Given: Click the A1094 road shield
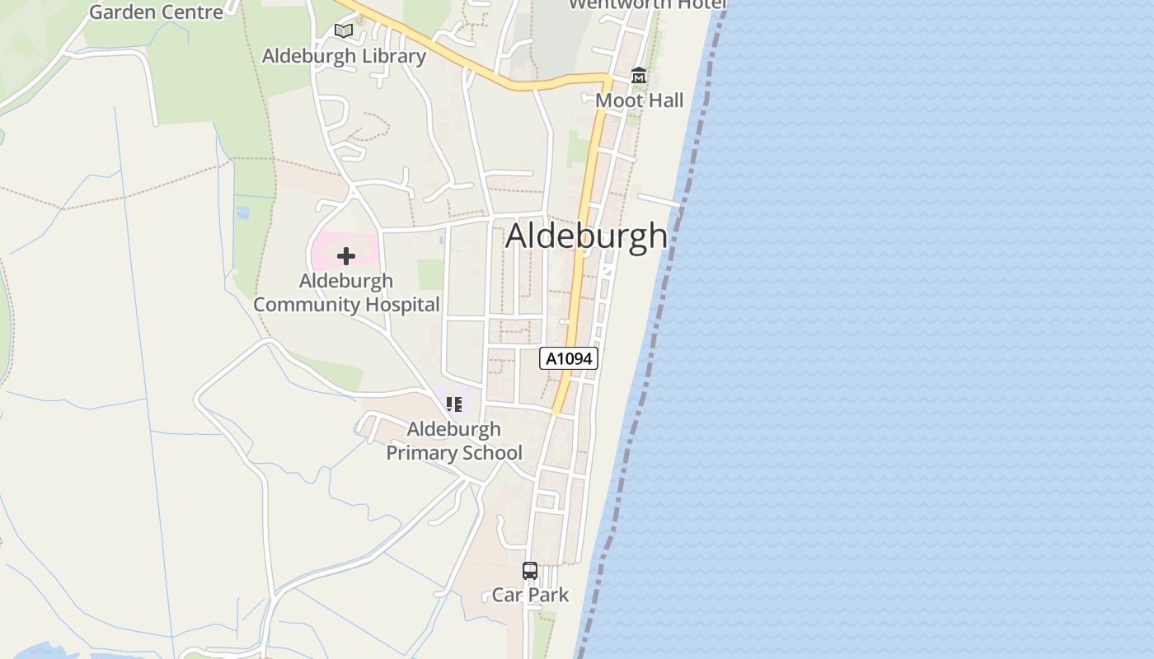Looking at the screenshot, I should coord(569,358).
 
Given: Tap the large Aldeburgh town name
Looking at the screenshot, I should coord(586,236).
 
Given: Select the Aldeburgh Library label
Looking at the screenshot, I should coord(344,56).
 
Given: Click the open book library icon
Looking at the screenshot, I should coord(344,31).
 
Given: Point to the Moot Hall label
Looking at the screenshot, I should coord(640,100).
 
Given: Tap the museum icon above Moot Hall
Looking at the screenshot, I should coord(638,76).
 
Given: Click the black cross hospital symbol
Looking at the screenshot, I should coord(346,256).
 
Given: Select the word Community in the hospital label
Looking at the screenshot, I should coord(305,305).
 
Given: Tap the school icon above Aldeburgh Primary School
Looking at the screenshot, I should coord(453,404).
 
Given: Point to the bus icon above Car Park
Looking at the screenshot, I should coord(530,570).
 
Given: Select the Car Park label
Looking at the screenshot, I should coord(530,595).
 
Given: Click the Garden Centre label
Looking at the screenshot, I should coord(156,12).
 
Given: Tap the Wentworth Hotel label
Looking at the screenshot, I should coord(648,4).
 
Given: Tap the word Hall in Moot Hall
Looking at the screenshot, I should coord(665,100).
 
